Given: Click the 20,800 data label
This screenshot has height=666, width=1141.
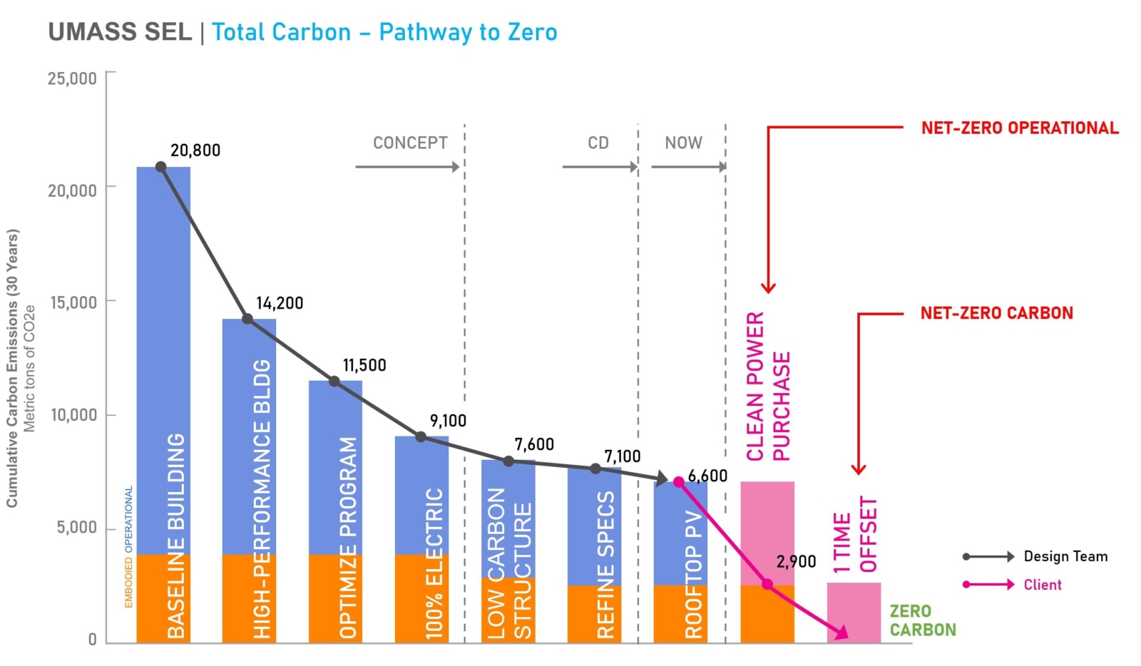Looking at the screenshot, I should pyautogui.click(x=195, y=150).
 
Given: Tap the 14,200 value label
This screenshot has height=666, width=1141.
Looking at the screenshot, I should pyautogui.click(x=280, y=304).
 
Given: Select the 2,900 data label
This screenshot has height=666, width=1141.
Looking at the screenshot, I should pyautogui.click(x=796, y=562).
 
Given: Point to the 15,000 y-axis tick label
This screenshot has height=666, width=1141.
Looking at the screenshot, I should pyautogui.click(x=73, y=302).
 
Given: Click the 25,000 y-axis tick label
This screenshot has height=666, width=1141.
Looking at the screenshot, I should pyautogui.click(x=72, y=78).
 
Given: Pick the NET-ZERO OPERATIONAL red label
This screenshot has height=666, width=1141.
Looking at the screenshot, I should pyautogui.click(x=1020, y=128).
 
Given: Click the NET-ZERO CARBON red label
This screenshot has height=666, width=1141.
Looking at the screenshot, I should pyautogui.click(x=996, y=313).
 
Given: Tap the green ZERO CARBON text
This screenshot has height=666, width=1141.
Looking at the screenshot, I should pyautogui.click(x=922, y=620).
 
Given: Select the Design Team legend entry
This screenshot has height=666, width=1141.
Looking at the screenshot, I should pyautogui.click(x=1065, y=556).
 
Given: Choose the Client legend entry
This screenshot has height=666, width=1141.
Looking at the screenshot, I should pyautogui.click(x=1043, y=585).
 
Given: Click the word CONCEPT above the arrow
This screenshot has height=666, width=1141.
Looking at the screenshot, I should pyautogui.click(x=410, y=143).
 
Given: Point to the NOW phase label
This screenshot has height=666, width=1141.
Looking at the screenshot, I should pyautogui.click(x=683, y=143).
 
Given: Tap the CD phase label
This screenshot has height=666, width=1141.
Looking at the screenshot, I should pyautogui.click(x=598, y=143).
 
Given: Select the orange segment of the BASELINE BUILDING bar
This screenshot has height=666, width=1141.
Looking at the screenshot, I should pyautogui.click(x=163, y=599).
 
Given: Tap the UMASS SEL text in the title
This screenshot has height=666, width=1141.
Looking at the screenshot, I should pyautogui.click(x=120, y=32).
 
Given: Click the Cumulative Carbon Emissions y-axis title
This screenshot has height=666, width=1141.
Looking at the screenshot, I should pyautogui.click(x=12, y=368).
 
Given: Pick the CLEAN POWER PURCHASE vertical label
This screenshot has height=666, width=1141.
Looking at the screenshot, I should pyautogui.click(x=768, y=386).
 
